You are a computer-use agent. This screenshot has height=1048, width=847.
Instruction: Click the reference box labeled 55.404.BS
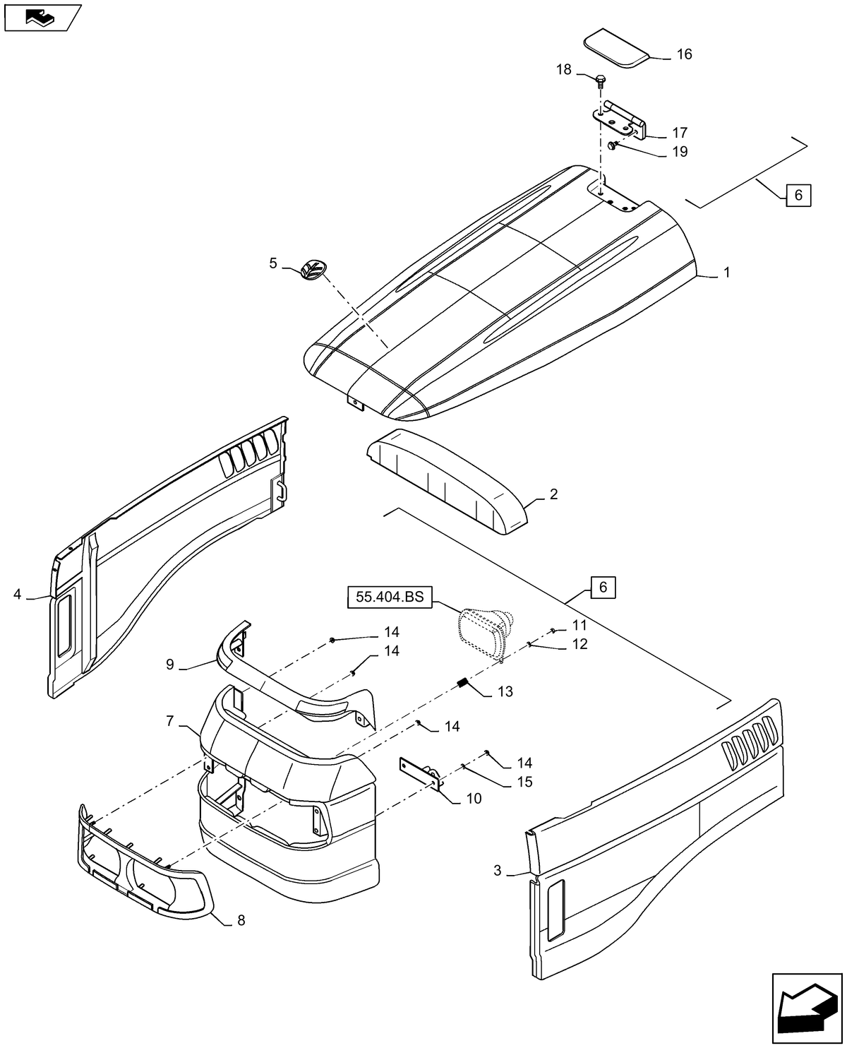[389, 597]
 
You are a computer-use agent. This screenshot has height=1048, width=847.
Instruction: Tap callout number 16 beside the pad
[684, 54]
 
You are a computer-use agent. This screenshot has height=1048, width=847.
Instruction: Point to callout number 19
[679, 152]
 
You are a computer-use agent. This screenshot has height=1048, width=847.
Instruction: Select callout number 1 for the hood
[726, 273]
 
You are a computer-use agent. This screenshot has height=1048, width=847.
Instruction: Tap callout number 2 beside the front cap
[553, 494]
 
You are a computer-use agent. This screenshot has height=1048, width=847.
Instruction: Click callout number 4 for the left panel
[17, 595]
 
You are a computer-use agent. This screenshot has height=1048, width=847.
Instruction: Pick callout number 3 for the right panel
[498, 871]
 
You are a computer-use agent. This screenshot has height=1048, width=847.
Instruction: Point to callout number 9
[169, 664]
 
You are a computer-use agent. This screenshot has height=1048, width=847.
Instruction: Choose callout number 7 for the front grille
[169, 721]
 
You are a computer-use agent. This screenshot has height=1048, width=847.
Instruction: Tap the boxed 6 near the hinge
[798, 195]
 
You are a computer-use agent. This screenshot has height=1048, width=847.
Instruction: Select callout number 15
[524, 782]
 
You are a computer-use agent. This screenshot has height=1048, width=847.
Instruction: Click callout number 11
[579, 625]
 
